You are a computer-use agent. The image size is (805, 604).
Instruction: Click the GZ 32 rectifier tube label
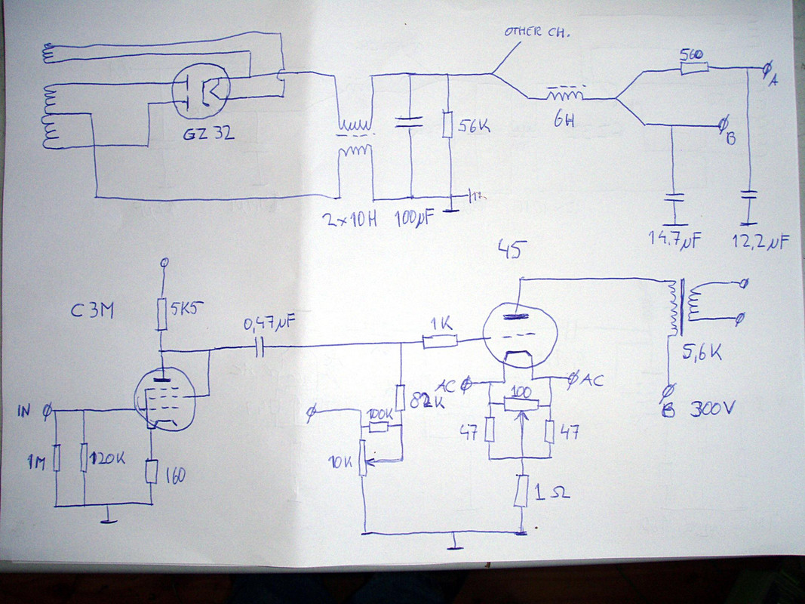(x=208, y=135)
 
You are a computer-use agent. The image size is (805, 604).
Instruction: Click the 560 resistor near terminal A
(x=693, y=69)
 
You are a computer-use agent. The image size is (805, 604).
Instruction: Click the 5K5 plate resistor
(x=161, y=313)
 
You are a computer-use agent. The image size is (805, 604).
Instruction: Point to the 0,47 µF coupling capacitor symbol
(x=260, y=347)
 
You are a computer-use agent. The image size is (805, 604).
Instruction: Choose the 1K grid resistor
(x=440, y=342)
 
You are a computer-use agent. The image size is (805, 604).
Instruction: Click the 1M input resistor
(x=57, y=461)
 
